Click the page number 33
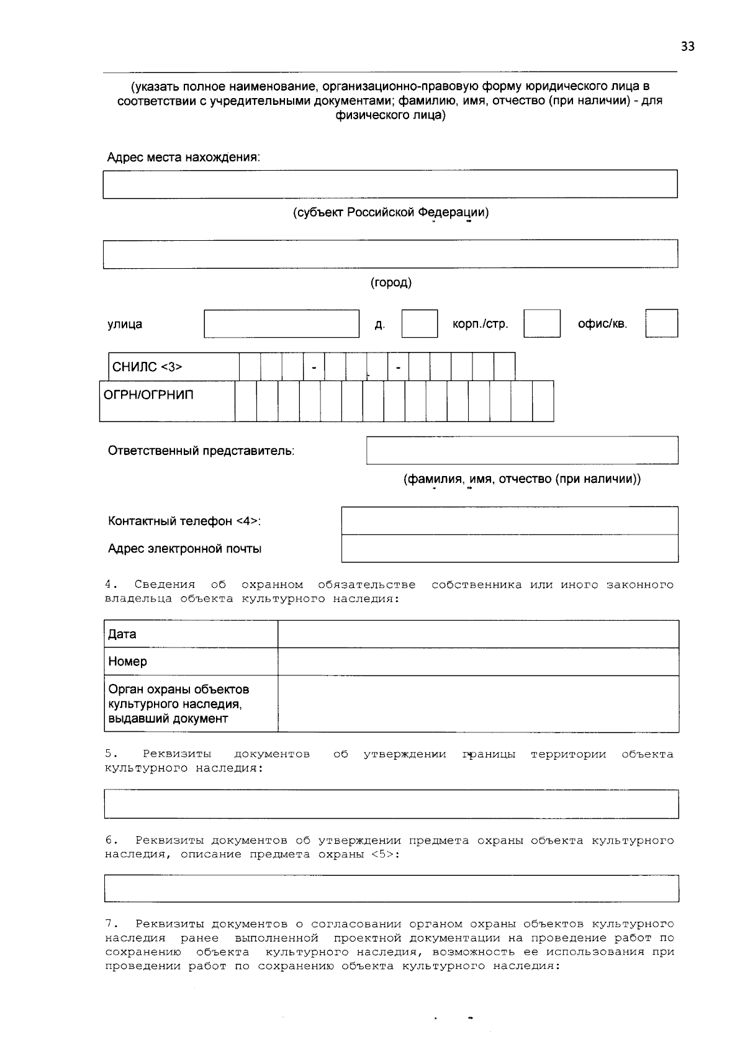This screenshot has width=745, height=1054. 687,47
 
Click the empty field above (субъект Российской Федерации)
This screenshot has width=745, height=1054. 390,184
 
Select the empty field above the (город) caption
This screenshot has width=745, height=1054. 390,254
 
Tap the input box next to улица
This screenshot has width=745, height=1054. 281,324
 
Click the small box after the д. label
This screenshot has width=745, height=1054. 419,324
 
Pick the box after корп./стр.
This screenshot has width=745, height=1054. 541,324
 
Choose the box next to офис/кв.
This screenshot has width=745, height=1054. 661,324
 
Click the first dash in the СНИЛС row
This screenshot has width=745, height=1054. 314,367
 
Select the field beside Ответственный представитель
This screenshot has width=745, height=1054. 521,451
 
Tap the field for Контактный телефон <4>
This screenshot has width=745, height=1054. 509,521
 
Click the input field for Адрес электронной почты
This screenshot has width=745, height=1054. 509,549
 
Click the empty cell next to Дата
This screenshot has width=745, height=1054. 477,634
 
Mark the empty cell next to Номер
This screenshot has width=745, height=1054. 477,662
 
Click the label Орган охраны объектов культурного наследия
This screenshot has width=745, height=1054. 179,704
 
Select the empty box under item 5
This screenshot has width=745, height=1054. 391,804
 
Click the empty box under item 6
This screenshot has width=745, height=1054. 391,888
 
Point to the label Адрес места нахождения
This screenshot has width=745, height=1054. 183,158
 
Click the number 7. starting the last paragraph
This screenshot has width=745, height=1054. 111,924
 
